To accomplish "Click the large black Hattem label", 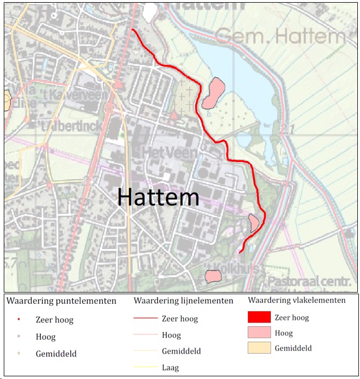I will (158, 198).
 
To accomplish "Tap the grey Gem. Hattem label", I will (280, 37).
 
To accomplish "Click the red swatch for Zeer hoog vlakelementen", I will (259, 317).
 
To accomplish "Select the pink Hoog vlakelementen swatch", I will (259, 332).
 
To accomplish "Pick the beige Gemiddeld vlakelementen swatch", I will (259, 348).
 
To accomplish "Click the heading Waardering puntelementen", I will (61, 301).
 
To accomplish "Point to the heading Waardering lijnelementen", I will (183, 300).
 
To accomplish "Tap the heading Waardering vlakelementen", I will (296, 300).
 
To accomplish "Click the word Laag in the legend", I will (170, 368).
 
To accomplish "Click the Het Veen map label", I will (170, 152).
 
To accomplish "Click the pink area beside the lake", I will (213, 93).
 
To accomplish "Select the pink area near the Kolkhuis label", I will (214, 276).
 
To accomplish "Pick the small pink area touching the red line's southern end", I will (254, 222).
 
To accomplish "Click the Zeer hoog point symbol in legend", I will (19, 319).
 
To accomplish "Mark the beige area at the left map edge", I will (6, 100).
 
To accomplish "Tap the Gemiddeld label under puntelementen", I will (56, 354).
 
